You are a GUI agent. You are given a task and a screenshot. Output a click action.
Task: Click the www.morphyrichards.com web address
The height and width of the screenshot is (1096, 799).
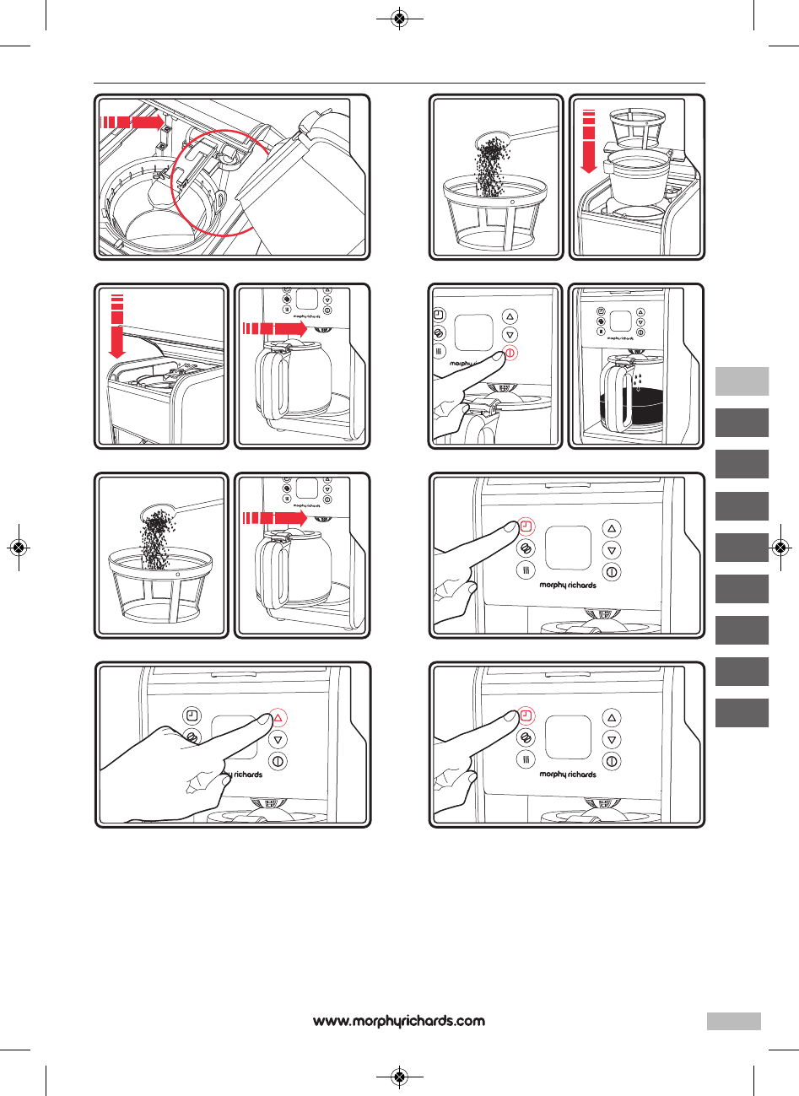tap(399, 1021)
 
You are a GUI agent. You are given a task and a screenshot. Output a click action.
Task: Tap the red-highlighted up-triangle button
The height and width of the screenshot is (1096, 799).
tap(278, 718)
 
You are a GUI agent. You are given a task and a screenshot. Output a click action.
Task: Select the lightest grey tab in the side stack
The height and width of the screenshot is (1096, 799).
tap(742, 381)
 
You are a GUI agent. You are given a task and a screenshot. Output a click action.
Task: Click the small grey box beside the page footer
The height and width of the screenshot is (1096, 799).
tap(733, 1021)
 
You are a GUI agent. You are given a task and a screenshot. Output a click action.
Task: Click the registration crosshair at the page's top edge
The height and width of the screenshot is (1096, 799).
tap(400, 18)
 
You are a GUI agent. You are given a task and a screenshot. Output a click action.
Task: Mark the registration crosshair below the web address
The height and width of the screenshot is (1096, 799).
tap(400, 1077)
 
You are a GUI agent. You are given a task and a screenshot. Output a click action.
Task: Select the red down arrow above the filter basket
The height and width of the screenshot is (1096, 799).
tap(589, 143)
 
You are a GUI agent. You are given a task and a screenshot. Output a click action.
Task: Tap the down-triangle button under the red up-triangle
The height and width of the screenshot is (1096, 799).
tap(278, 739)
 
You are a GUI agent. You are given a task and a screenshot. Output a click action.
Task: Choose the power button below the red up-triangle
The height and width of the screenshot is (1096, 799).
tap(278, 761)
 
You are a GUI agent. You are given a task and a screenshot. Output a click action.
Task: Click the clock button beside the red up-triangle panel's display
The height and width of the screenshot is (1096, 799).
tap(192, 715)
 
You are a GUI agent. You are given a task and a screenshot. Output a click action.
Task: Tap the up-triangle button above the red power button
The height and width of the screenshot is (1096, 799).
tap(510, 316)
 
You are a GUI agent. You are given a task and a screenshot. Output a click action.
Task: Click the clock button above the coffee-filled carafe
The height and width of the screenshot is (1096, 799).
tap(601, 311)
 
